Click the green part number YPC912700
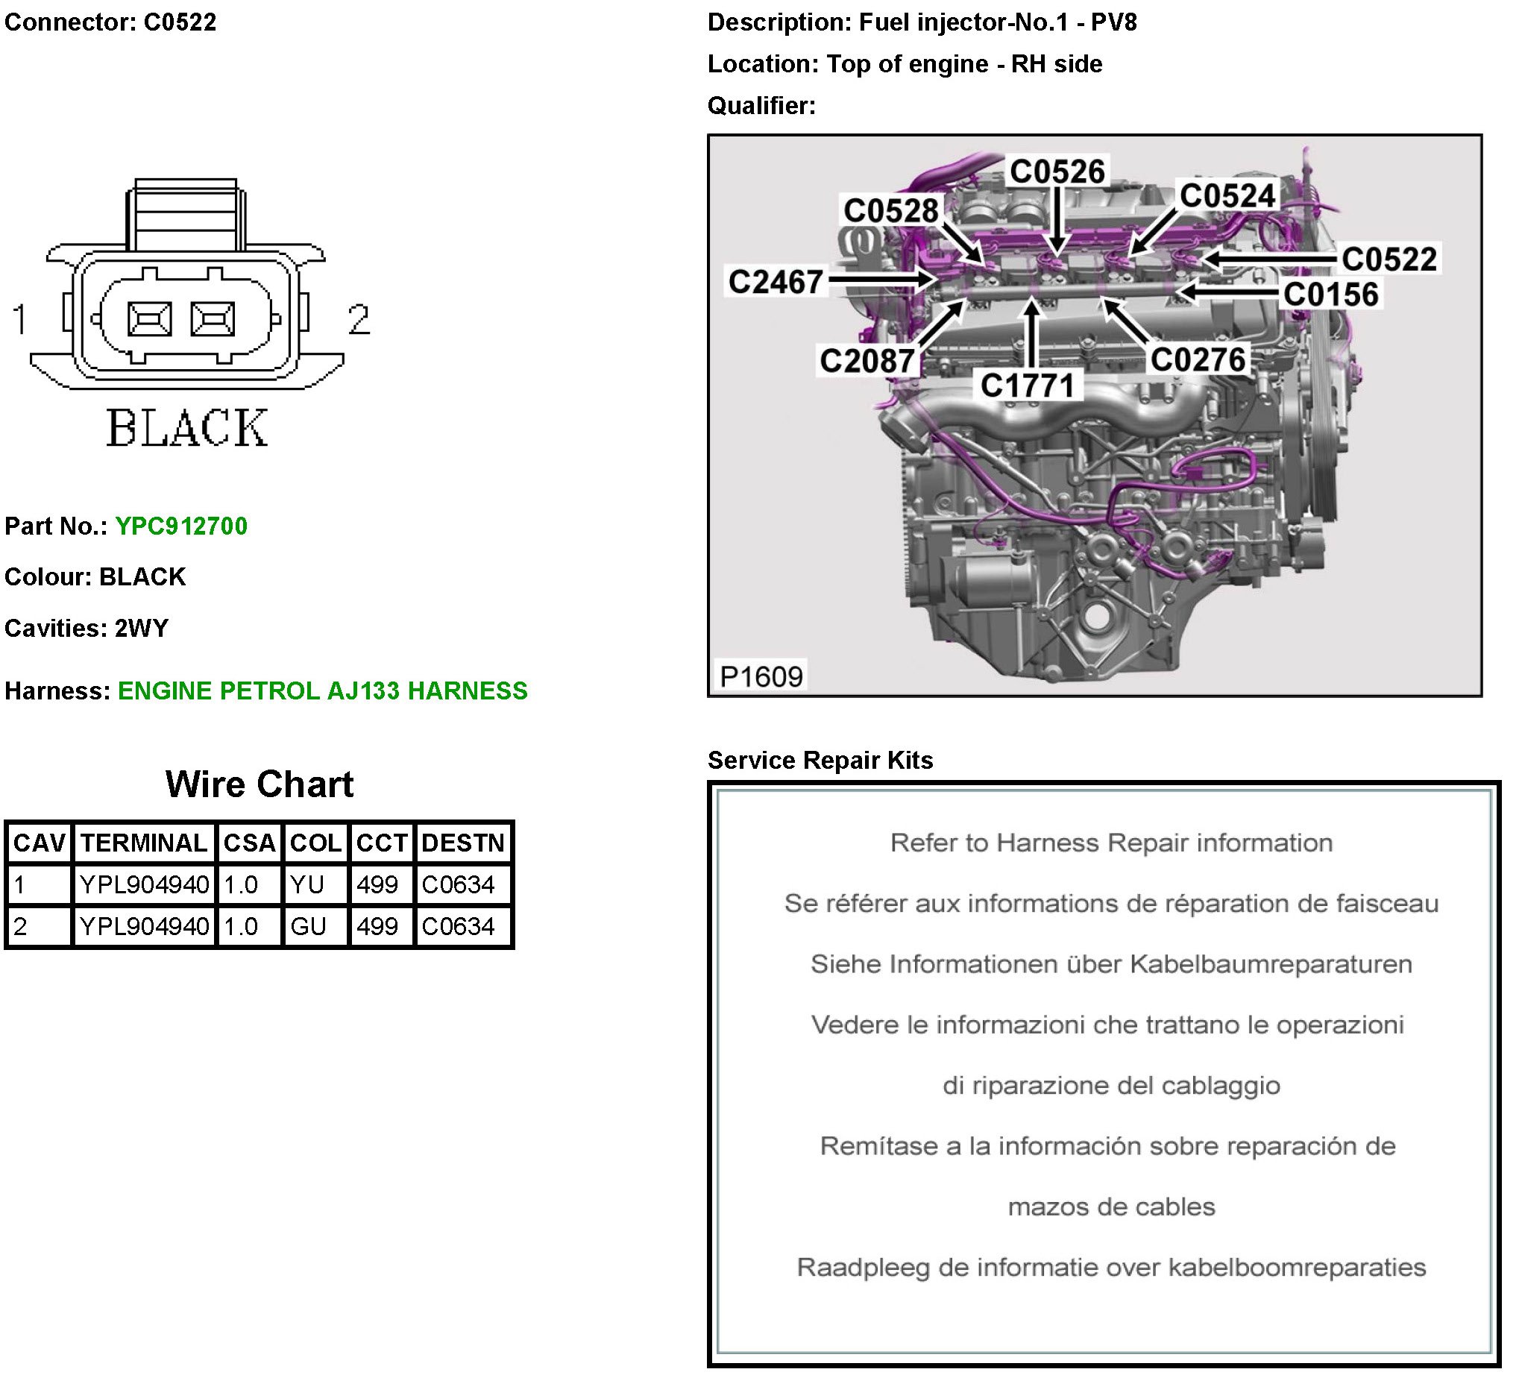coord(181,526)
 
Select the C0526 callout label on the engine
coord(1057,172)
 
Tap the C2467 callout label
coord(776,282)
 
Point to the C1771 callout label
coord(1027,386)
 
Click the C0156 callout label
coord(1331,295)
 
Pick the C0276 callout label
coord(1198,359)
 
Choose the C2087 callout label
coord(867,361)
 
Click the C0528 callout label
coord(891,211)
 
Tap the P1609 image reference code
coord(761,676)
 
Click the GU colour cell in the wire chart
coord(308,926)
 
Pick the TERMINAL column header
coord(143,843)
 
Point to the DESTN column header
coord(463,843)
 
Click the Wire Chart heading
coord(259,784)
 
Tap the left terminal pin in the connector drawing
coord(149,318)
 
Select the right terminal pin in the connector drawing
coord(213,318)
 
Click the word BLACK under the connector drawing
coord(186,428)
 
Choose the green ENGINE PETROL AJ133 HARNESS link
coord(322,691)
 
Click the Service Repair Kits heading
coord(820,761)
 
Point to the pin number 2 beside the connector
coord(359,318)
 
